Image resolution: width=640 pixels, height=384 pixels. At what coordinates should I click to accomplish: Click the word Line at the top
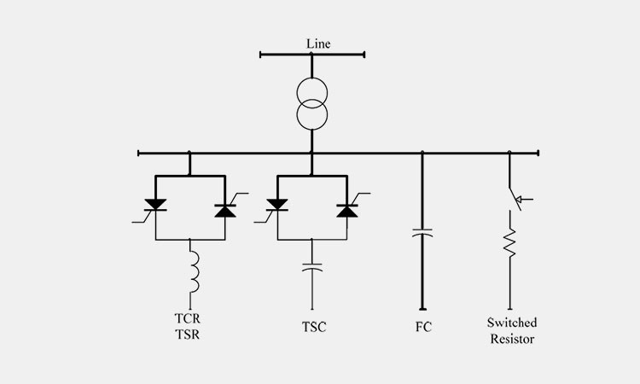pyautogui.click(x=317, y=43)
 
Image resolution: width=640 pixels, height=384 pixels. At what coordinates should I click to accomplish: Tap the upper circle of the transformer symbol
pyautogui.click(x=312, y=89)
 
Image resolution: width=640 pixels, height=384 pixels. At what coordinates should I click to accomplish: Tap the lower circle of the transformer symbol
pyautogui.click(x=312, y=114)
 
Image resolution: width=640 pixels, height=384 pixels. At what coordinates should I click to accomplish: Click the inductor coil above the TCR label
pyautogui.click(x=190, y=274)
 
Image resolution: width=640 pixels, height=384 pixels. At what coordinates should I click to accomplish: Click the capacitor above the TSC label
pyautogui.click(x=312, y=266)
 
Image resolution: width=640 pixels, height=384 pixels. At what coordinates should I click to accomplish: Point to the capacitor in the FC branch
pyautogui.click(x=422, y=232)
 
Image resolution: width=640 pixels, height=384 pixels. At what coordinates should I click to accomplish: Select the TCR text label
pyautogui.click(x=186, y=321)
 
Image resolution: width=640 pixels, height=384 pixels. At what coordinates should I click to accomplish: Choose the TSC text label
pyautogui.click(x=313, y=327)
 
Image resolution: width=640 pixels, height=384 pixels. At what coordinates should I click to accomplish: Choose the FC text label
pyautogui.click(x=422, y=327)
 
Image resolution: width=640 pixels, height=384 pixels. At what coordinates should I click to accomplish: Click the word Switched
pyautogui.click(x=512, y=323)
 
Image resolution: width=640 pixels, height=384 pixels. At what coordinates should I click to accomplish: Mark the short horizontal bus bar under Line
pyautogui.click(x=312, y=55)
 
